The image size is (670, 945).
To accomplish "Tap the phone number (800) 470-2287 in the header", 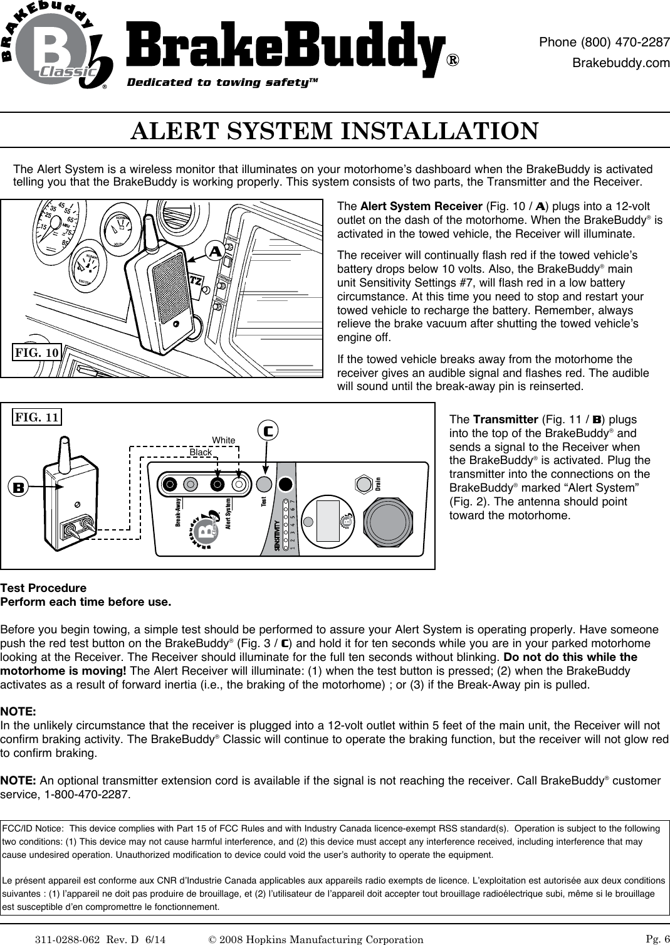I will click(x=604, y=43).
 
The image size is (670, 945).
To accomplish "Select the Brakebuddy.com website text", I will click(x=621, y=63).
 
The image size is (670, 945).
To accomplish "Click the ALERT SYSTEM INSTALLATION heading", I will click(x=334, y=131).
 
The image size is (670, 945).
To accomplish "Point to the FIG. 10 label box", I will click(x=37, y=352).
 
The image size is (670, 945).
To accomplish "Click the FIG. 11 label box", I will click(x=37, y=416).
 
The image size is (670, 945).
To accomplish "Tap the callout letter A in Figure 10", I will click(x=216, y=251).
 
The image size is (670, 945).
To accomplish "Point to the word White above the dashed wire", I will click(x=223, y=440).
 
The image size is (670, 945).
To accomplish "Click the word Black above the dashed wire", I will click(x=201, y=452).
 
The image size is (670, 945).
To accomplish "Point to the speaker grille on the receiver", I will click(x=170, y=288).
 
